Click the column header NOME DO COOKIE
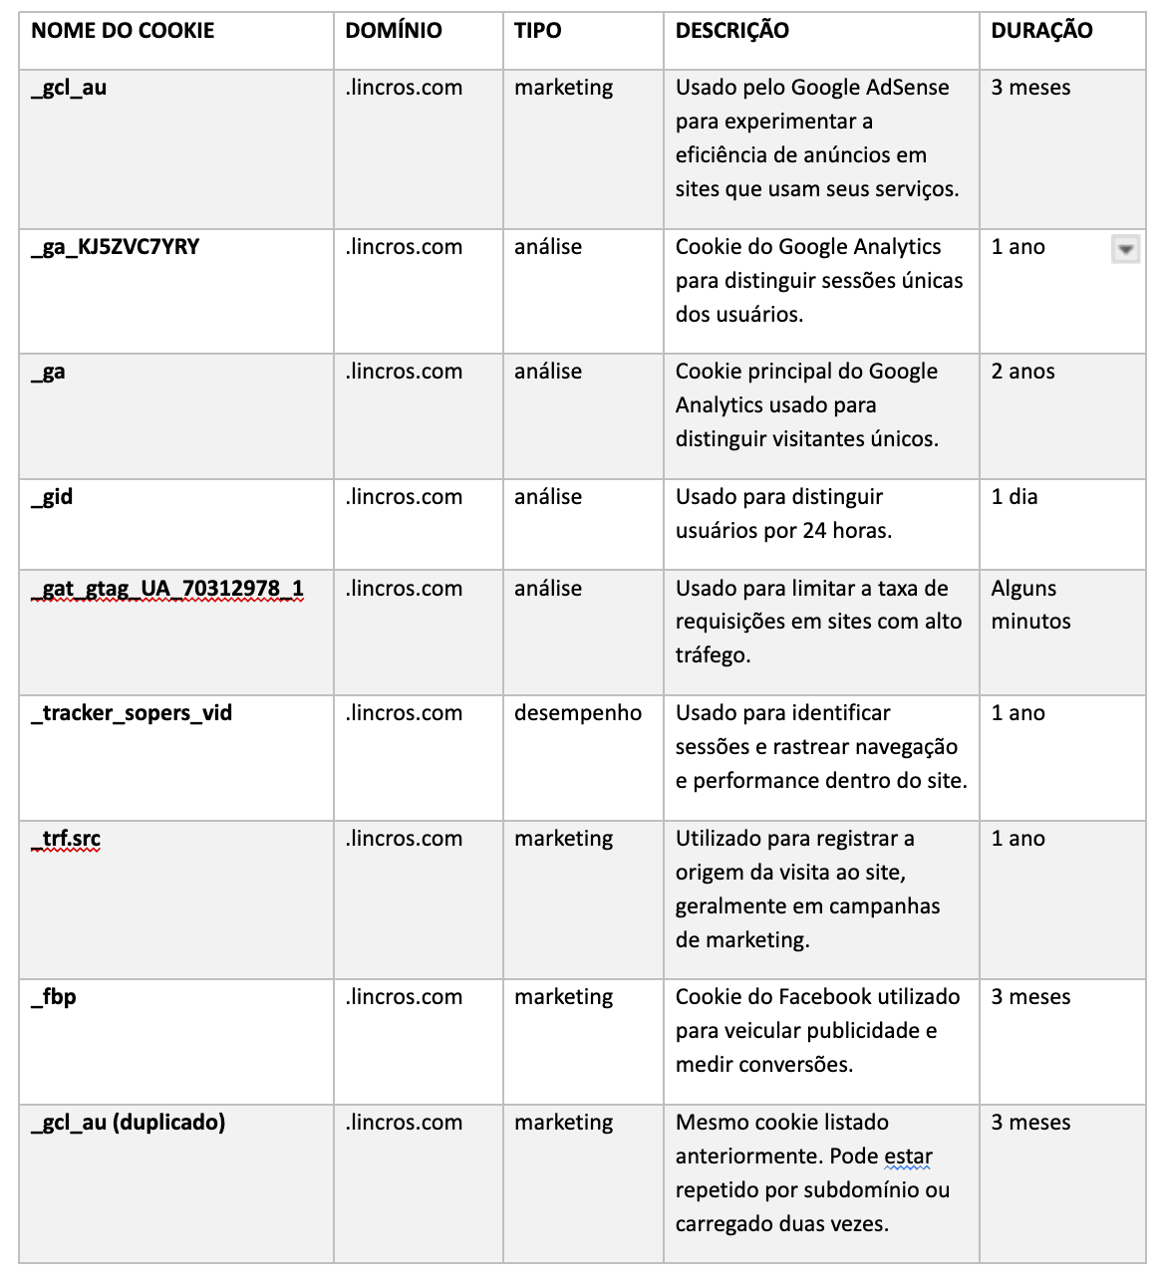click(x=123, y=31)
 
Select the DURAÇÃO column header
click(x=1041, y=31)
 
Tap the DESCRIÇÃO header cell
click(x=731, y=31)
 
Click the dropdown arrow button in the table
click(x=1125, y=249)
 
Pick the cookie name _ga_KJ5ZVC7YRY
click(x=116, y=247)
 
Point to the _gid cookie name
click(x=52, y=497)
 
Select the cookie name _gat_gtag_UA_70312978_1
click(x=167, y=589)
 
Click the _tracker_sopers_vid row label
click(x=132, y=713)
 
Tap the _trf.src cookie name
click(x=66, y=839)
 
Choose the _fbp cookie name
click(x=54, y=997)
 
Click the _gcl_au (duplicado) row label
click(x=129, y=1123)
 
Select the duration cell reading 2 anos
click(x=1022, y=372)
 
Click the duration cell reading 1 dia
click(x=1014, y=497)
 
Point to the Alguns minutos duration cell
click(x=1030, y=605)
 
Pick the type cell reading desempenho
click(x=578, y=713)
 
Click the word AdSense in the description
click(x=907, y=88)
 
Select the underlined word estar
click(x=908, y=1156)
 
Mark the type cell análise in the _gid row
click(x=548, y=497)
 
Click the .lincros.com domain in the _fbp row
click(x=404, y=997)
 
